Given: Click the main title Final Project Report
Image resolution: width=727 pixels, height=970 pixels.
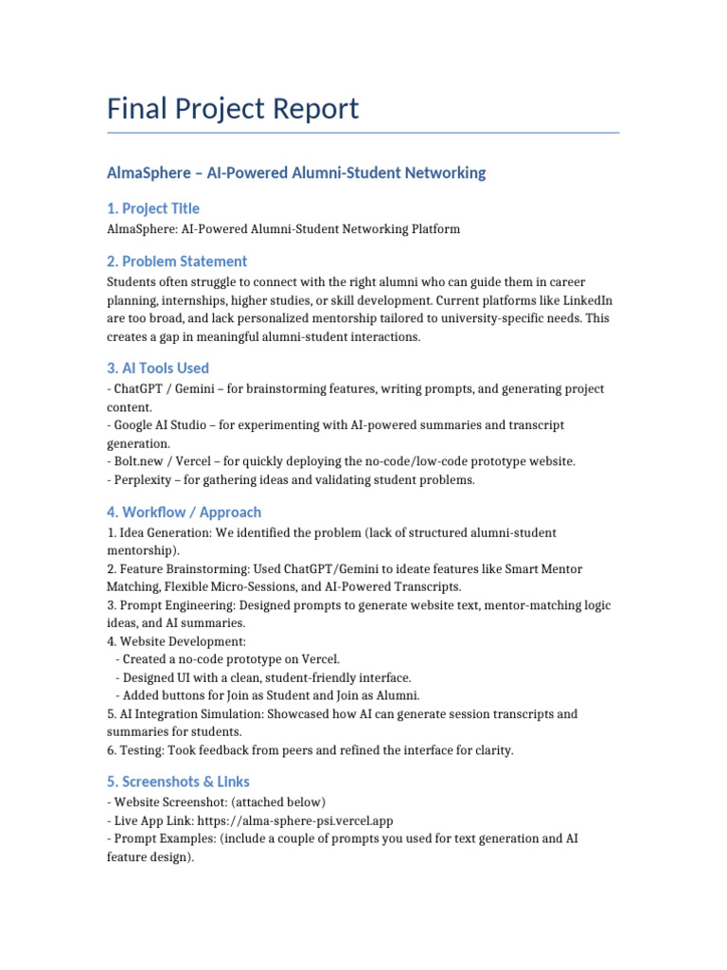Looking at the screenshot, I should (233, 108).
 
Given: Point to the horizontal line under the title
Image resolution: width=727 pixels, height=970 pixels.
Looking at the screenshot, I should (363, 133).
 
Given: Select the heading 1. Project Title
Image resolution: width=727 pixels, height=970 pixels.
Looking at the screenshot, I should (153, 208).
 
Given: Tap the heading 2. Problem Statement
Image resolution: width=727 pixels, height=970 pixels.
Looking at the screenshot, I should (177, 261).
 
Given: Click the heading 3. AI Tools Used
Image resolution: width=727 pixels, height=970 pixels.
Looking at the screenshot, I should (158, 368).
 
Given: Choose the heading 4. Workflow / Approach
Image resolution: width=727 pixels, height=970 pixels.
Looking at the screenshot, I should (185, 512).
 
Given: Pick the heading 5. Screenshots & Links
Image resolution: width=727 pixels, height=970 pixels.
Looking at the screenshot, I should (179, 781).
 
